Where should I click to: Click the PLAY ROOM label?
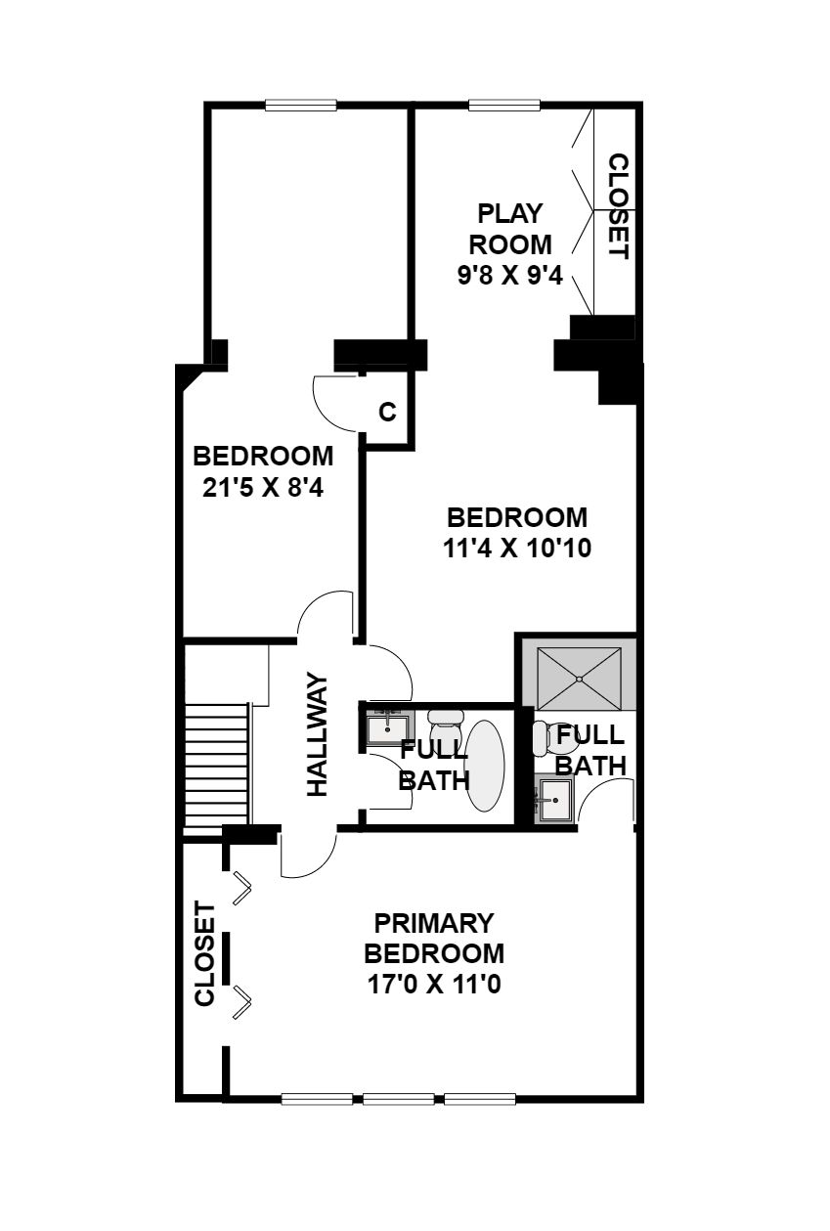510,229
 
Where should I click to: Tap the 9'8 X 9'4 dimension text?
510,276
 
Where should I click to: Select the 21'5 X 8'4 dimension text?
263,488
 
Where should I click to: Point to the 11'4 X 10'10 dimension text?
517,548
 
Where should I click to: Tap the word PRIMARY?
434,923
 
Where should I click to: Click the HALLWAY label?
318,733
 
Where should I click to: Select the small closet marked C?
387,411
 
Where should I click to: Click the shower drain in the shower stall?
579,680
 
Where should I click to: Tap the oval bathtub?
485,766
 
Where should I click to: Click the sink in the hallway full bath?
388,728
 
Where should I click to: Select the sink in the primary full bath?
554,800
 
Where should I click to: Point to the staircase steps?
216,766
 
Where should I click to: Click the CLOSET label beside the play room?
619,206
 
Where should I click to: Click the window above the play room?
504,105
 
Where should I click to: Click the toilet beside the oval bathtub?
446,731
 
